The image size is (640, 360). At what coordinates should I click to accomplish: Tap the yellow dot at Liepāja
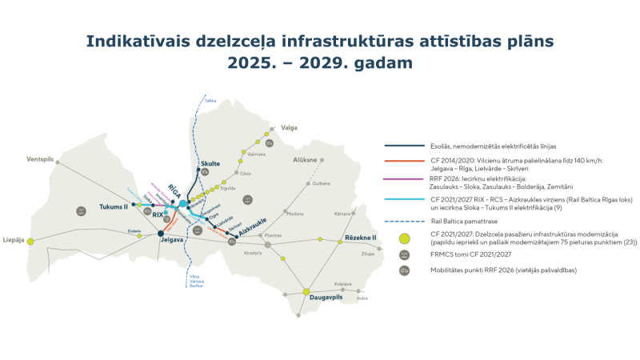pos(30,241)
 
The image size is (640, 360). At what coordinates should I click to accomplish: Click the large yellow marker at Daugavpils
pos(306,292)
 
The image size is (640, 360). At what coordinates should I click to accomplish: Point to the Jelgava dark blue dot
pos(161,234)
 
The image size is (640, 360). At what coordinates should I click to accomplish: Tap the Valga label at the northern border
pos(289,126)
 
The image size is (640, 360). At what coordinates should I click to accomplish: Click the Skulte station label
pos(211,162)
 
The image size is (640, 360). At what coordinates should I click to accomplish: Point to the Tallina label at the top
pos(210,102)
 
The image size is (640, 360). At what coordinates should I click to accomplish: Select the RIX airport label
pos(158,214)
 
